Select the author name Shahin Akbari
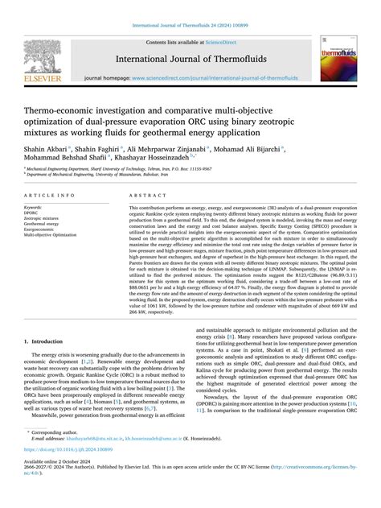50,151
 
